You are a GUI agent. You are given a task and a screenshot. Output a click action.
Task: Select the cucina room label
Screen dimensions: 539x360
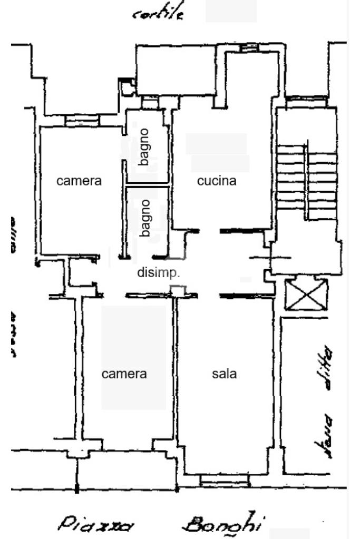216,181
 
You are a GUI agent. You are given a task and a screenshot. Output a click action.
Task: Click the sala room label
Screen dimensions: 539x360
224,374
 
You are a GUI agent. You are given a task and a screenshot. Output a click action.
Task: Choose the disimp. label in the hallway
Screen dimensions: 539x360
159,273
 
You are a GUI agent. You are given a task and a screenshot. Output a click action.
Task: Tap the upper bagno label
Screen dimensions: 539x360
145,147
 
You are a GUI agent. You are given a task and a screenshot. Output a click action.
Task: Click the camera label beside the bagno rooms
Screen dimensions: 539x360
79,181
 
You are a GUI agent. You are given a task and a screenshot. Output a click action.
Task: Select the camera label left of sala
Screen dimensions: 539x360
124,374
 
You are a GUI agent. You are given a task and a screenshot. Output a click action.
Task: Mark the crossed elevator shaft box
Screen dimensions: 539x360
306,294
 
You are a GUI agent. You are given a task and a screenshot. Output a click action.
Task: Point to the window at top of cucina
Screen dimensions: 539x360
246,48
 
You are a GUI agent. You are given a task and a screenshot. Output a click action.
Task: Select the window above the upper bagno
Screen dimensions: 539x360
151,102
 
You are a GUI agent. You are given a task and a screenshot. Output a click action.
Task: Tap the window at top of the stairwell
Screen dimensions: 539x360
306,99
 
